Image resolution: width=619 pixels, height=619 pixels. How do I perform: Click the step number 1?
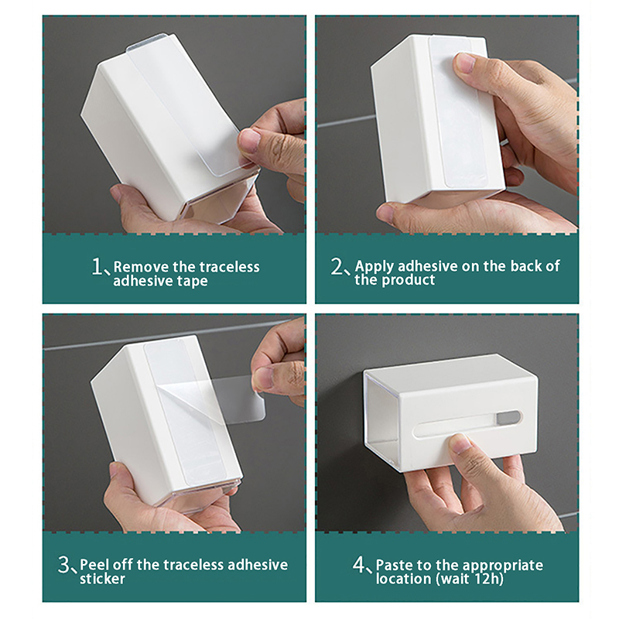pos(97,266)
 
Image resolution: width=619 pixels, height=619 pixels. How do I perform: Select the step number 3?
pos(64,565)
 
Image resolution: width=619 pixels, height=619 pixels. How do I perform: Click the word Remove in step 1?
pos(141,267)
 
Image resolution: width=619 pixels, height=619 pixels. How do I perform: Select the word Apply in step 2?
pos(374,267)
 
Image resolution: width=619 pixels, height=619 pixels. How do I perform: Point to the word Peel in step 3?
pos(93,565)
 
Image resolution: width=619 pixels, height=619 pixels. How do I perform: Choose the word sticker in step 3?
pos(102,579)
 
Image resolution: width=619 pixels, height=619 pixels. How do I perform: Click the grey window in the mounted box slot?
pos(508,416)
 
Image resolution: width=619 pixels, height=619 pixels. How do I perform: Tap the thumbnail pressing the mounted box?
pos(460,442)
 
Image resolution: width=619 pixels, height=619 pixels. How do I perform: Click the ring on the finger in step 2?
pos(504,141)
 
